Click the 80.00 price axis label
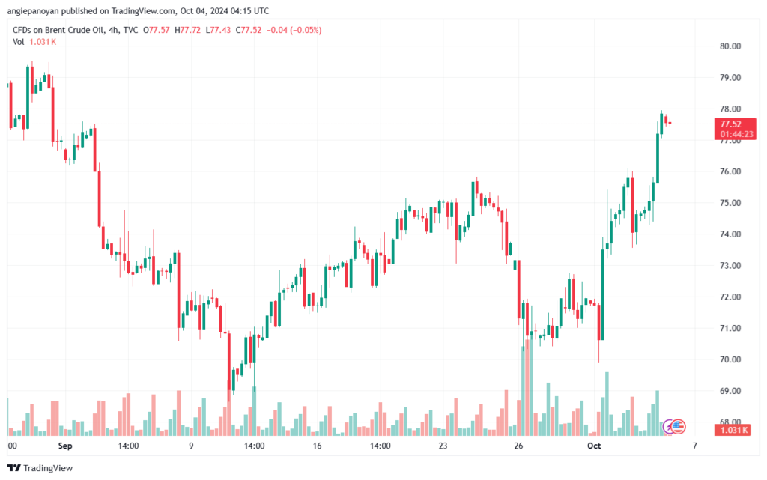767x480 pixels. (730, 46)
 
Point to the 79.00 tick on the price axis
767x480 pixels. (730, 78)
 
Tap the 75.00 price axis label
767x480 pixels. (730, 203)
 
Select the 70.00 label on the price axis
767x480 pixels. (730, 359)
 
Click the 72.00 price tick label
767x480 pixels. (730, 297)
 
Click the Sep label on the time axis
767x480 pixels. (65, 446)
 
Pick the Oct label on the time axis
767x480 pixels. (594, 446)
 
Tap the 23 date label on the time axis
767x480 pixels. (443, 446)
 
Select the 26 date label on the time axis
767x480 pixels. (518, 446)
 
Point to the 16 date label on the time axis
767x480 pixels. (317, 446)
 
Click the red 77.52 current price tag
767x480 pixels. (736, 129)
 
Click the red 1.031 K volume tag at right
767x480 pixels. (733, 430)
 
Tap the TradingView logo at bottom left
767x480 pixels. (40, 468)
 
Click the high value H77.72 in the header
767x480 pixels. (187, 30)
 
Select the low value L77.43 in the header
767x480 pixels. (218, 30)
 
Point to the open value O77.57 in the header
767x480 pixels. (156, 30)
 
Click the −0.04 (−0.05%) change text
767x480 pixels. (294, 30)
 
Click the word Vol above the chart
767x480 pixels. (18, 42)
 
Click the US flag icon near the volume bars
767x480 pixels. (678, 427)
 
